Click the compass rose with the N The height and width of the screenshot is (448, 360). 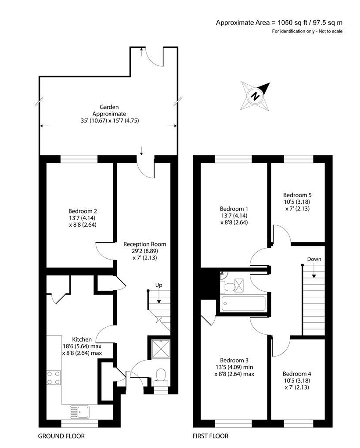pyautogui.click(x=255, y=96)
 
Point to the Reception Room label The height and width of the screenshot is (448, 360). pyautogui.click(x=144, y=244)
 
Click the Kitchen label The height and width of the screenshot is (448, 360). pyautogui.click(x=82, y=339)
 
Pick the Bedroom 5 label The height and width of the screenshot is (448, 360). pyautogui.click(x=297, y=195)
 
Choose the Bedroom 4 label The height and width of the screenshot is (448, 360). pyautogui.click(x=297, y=374)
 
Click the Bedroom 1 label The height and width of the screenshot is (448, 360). pyautogui.click(x=234, y=208)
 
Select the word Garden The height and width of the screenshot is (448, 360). pyautogui.click(x=109, y=107)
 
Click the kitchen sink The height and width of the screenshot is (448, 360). pyautogui.click(x=79, y=412)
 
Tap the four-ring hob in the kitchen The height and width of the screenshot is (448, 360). pyautogui.click(x=54, y=377)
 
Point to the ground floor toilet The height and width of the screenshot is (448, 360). pyautogui.click(x=161, y=376)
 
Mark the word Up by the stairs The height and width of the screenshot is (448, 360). pyautogui.click(x=158, y=285)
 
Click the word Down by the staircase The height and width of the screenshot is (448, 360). pyautogui.click(x=314, y=259)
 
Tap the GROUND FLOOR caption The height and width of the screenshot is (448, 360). pyautogui.click(x=61, y=436)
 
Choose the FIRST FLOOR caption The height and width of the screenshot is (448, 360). pyautogui.click(x=210, y=436)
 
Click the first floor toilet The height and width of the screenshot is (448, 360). pyautogui.click(x=229, y=287)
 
